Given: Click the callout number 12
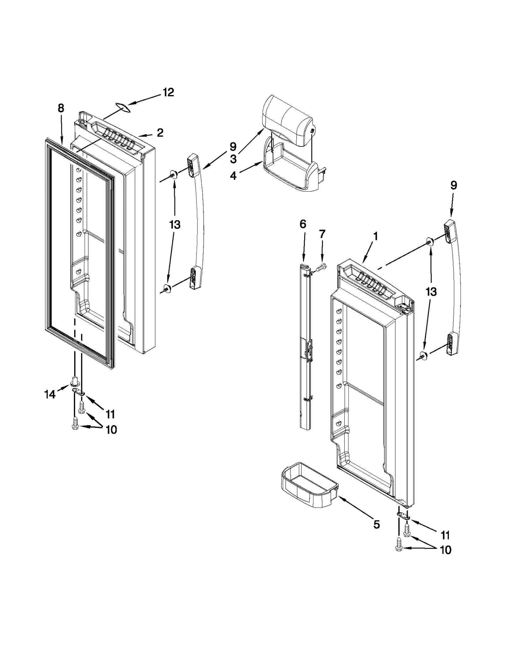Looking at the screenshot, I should pos(168,92).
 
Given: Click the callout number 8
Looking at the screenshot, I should pos(61,108).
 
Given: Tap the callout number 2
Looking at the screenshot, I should pos(160,133).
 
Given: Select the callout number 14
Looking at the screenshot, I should pos(50,394).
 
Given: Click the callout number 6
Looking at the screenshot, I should pos(303,224).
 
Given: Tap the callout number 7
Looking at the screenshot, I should pos(322,234).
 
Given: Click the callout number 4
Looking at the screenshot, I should pos(233,176).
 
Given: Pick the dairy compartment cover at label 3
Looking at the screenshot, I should pos(287,122).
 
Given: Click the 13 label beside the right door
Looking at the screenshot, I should pos(431,292).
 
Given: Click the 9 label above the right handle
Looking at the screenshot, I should pos(453,185).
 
